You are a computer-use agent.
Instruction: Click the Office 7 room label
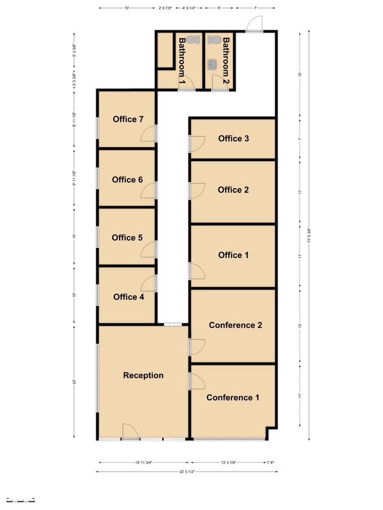tap(128, 120)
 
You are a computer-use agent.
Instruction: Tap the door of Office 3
tap(196, 143)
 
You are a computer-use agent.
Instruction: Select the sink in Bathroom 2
tap(213, 64)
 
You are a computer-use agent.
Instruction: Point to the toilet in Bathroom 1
tap(194, 39)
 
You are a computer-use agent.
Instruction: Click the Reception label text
tap(143, 376)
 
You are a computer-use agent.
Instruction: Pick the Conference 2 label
tap(235, 325)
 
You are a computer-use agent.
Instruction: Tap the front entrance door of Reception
tap(130, 431)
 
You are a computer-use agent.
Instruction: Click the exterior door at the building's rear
tap(255, 24)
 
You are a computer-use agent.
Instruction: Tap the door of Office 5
tap(149, 250)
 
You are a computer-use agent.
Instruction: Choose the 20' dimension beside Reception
tap(75, 381)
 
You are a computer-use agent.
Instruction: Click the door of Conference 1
tap(197, 381)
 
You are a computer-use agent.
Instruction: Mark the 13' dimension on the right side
tap(300, 326)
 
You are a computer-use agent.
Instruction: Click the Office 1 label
tap(233, 256)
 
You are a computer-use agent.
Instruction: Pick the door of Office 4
tap(149, 284)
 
